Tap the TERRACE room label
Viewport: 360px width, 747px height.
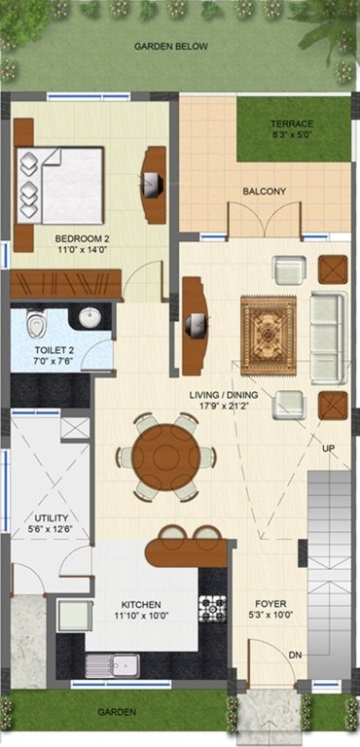tap(292, 124)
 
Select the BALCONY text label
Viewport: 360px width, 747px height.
tap(264, 192)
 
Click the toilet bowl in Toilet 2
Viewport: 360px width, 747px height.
tap(36, 323)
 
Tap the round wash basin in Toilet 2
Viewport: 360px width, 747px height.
tap(90, 318)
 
